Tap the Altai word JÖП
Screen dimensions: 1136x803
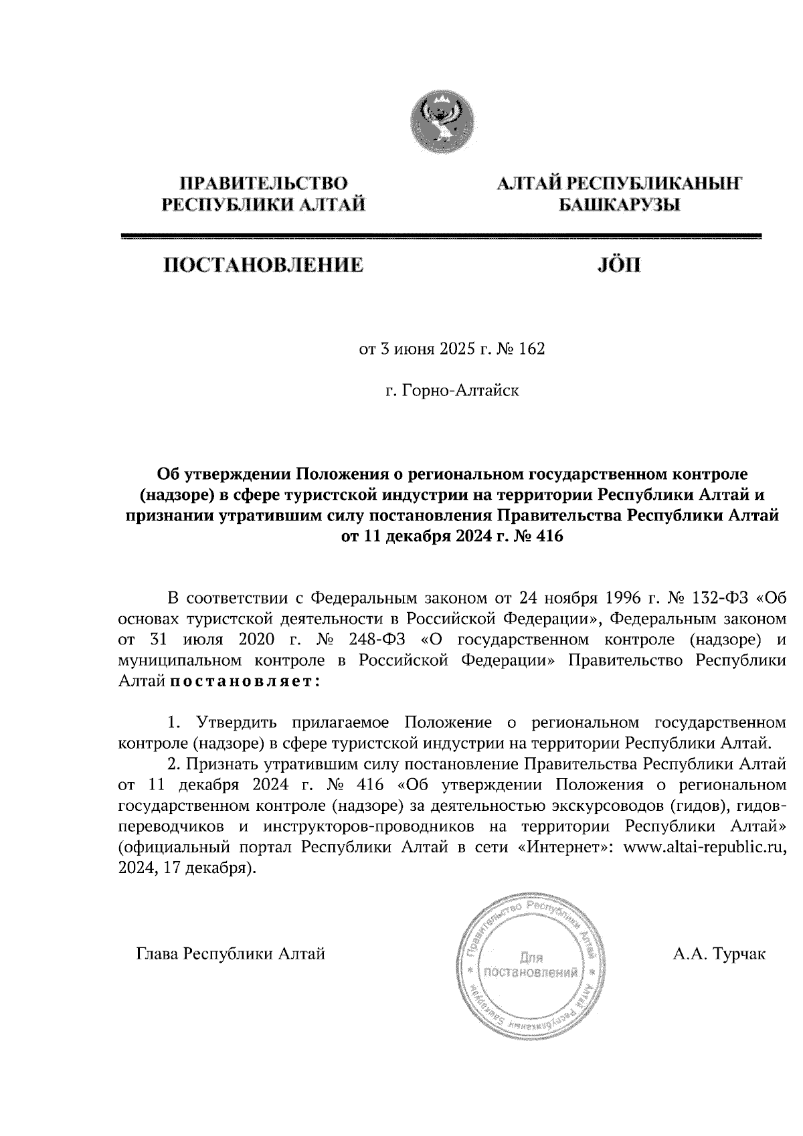pyautogui.click(x=617, y=266)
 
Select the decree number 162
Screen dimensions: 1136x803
pyautogui.click(x=531, y=349)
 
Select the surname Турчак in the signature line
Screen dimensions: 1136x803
pyautogui.click(x=739, y=953)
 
